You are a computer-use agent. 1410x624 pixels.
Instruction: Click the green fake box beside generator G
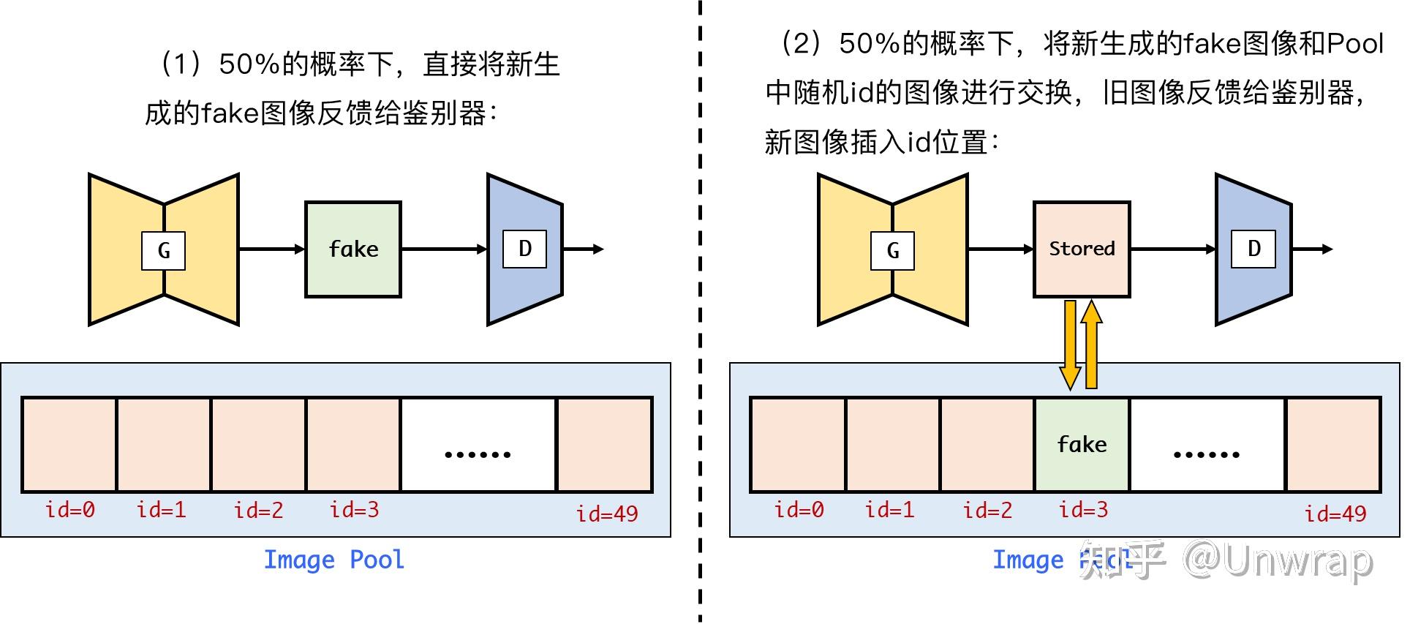click(352, 249)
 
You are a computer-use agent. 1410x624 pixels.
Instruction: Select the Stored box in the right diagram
click(1081, 249)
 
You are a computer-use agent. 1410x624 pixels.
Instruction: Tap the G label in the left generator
click(163, 251)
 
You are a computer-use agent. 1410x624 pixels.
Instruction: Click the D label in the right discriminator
click(1253, 249)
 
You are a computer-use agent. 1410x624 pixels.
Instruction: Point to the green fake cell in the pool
click(1082, 444)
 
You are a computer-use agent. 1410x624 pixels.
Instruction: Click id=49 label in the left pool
click(606, 514)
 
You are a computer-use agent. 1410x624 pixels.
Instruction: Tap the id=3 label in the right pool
click(1083, 510)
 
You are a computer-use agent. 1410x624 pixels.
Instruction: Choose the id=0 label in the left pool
click(70, 510)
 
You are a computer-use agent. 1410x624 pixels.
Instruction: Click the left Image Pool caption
click(333, 560)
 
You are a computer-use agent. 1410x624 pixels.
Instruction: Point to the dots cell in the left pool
click(478, 445)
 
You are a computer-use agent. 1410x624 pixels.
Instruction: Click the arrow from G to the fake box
click(271, 249)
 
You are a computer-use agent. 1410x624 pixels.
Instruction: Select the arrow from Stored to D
click(1172, 249)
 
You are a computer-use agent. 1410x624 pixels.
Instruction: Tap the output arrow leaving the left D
click(583, 249)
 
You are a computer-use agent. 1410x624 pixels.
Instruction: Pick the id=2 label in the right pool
click(987, 510)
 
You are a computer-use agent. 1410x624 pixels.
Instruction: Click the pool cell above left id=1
click(164, 444)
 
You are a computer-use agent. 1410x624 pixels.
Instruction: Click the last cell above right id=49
click(1332, 444)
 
